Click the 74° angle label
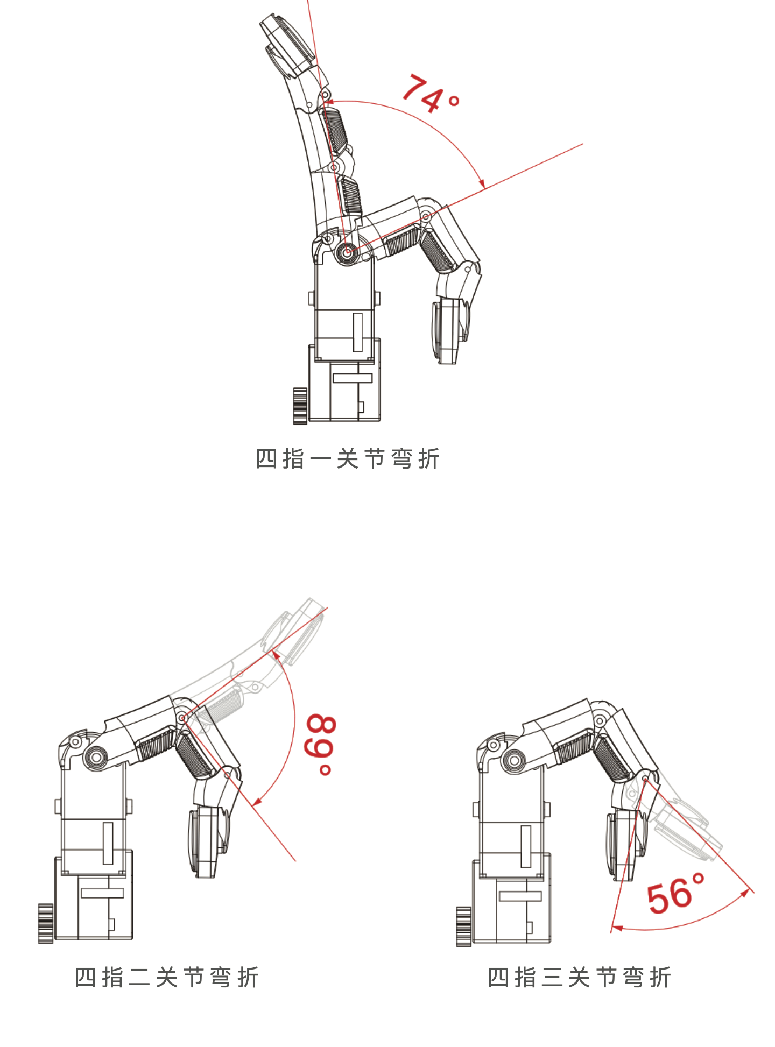pos(431,94)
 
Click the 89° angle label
pos(321,745)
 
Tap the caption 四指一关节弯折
pos(348,459)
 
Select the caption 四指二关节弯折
pos(167,977)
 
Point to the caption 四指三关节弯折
pos(579,977)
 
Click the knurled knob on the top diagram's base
pos(300,406)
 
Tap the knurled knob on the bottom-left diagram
pos(45,923)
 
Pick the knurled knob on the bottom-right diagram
pos(463,926)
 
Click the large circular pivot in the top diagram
pos(347,252)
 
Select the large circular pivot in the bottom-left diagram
pos(96,758)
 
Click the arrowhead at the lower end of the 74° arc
pos(482,183)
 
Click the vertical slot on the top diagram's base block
pos(357,333)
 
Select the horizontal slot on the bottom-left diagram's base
pos(102,893)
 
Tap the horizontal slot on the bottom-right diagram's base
pos(520,896)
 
